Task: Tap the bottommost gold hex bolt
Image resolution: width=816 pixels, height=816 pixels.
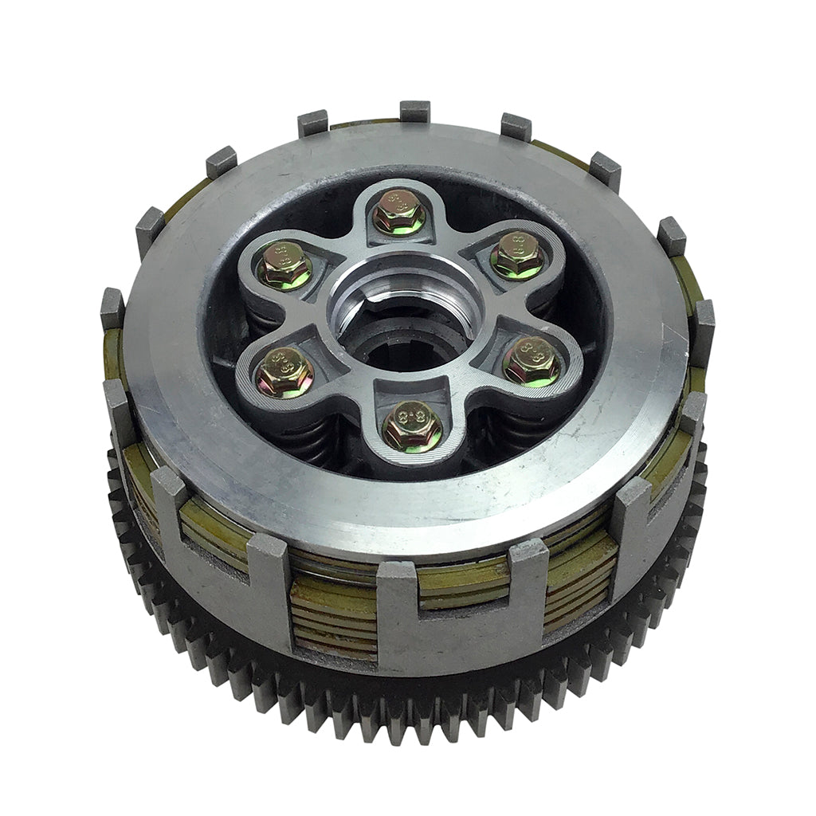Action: click(x=412, y=426)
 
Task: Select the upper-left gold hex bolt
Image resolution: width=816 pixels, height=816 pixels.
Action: click(x=285, y=265)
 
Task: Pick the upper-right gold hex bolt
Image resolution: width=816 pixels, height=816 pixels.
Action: click(x=518, y=255)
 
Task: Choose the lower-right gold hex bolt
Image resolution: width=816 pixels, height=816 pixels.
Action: click(x=532, y=361)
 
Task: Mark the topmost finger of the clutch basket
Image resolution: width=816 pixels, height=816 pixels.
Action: click(x=414, y=111)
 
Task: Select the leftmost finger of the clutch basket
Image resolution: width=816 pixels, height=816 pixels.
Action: click(x=112, y=308)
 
